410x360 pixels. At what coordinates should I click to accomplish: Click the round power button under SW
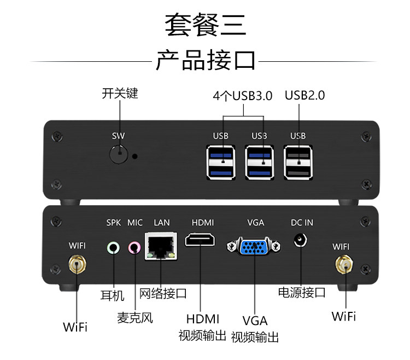click(119, 155)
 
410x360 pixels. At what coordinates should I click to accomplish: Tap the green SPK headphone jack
click(113, 247)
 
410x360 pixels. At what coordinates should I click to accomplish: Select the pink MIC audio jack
click(134, 247)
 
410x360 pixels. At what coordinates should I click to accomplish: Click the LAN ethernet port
click(161, 246)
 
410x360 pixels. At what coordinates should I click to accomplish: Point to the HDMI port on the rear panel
click(200, 240)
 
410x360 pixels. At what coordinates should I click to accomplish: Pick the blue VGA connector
click(254, 246)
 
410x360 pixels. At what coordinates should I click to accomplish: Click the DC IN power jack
click(301, 240)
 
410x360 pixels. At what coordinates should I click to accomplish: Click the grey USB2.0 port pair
click(298, 162)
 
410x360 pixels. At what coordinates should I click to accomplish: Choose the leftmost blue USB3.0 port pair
click(221, 162)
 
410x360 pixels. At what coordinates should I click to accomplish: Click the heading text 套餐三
click(206, 24)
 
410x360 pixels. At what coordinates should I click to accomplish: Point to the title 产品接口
click(206, 60)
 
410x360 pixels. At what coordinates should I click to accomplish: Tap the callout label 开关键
click(120, 94)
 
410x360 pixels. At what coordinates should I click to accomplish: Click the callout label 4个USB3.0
click(243, 96)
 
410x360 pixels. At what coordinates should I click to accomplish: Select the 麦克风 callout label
click(135, 318)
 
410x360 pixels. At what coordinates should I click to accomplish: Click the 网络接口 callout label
click(163, 294)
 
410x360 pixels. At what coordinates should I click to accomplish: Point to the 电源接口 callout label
click(302, 292)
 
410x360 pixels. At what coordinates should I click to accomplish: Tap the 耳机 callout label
click(113, 295)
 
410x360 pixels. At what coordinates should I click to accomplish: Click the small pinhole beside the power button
click(135, 156)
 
